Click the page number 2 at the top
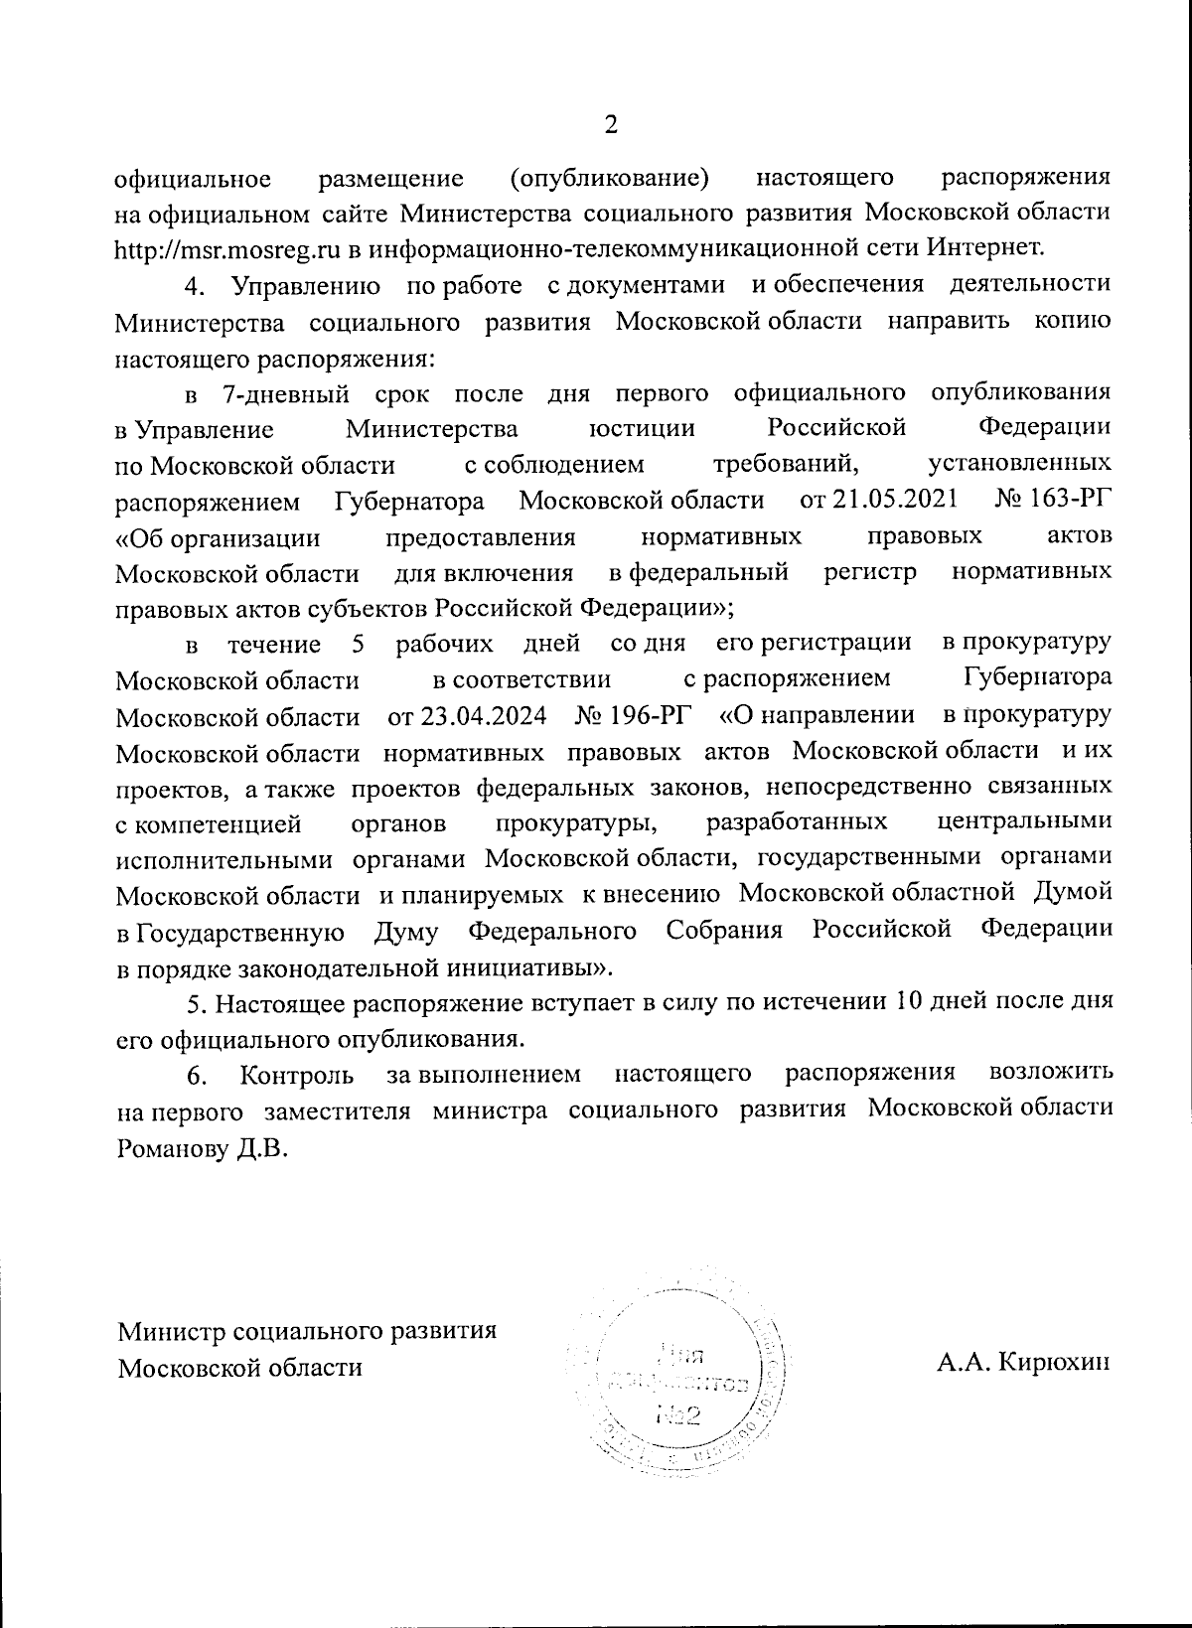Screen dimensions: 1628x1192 611,125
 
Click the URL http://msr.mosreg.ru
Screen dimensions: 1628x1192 228,245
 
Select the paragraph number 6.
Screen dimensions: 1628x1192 197,1076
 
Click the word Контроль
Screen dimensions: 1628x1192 297,1076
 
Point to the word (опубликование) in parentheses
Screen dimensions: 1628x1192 609,179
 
